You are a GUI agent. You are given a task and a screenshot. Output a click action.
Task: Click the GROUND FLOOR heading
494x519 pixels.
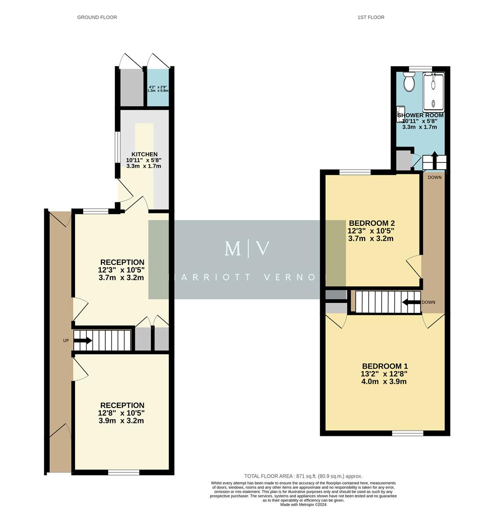point(97,17)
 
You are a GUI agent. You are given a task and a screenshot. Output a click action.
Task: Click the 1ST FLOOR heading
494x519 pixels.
point(370,17)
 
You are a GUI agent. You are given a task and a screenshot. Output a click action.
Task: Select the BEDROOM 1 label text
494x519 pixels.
point(385,366)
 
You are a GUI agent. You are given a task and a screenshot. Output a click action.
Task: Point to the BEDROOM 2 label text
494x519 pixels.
point(371,223)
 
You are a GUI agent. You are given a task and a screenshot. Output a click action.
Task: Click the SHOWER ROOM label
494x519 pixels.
point(420,116)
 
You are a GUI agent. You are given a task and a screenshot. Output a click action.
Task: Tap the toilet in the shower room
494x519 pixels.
point(409,83)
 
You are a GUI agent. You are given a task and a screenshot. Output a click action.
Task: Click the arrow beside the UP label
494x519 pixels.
point(82,341)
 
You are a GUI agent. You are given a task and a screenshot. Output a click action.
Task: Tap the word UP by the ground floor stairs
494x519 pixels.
point(66,341)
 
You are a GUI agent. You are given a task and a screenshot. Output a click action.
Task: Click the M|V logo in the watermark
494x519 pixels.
point(247,248)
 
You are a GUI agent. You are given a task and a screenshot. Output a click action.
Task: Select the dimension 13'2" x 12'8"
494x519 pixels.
point(384,374)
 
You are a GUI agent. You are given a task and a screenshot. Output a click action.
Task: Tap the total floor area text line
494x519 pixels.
point(303,476)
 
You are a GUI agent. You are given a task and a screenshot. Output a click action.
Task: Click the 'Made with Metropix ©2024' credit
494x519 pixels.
point(303,505)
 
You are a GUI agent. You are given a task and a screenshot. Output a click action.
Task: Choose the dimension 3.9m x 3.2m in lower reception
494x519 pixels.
point(122,420)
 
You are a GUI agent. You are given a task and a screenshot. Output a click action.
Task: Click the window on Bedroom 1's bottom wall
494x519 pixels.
point(408,433)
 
